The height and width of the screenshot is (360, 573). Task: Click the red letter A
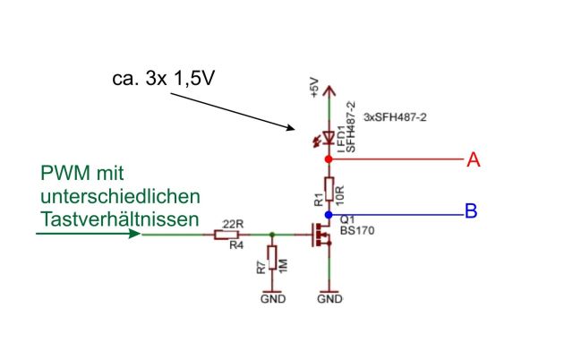474,159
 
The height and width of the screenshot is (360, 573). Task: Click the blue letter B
470,212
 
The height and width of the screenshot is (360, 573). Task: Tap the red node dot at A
329,159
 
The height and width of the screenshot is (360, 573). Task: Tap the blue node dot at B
329,215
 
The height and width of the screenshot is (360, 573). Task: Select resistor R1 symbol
329,188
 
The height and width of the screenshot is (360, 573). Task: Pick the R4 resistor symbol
227,236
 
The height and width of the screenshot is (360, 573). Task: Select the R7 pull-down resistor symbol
272,262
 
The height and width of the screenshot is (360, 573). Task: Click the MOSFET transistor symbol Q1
321,236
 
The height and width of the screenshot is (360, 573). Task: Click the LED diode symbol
329,137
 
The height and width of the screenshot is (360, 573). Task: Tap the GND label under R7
272,298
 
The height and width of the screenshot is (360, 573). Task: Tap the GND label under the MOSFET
329,298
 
